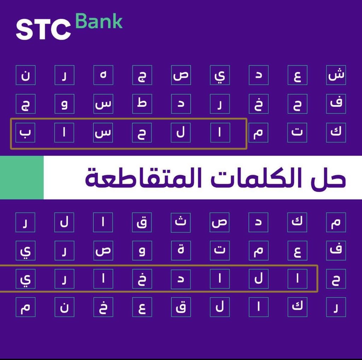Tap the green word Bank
pos(99,22)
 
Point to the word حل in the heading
pos(329,179)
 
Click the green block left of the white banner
pos(22,177)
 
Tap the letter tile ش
pos(336,75)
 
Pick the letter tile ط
pos(142,104)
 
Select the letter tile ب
pos(25,133)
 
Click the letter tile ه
pos(103,75)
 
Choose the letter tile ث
pos(181,222)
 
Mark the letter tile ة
pos(181,251)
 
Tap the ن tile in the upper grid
pos(25,75)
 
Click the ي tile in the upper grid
pos(220,75)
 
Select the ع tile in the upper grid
pos(297,75)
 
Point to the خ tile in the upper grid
pos(258,104)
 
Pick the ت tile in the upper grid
pos(297,133)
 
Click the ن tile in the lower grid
pos(64,307)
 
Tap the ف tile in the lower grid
pos(336,251)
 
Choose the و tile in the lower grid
pos(142,251)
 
